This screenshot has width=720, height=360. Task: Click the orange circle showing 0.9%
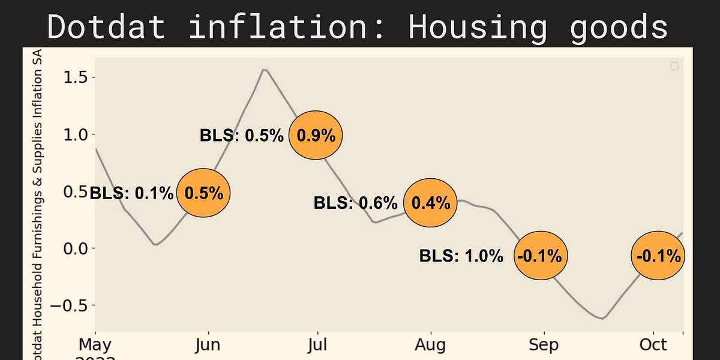point(316,136)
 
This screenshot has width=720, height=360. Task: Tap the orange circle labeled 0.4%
point(430,203)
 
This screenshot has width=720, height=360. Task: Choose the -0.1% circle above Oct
point(658,256)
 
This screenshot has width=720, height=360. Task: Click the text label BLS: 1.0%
point(461,257)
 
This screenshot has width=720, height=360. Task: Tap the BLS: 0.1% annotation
point(131,193)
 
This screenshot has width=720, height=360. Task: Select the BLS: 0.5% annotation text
point(241,136)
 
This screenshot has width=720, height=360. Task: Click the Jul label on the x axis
point(317,345)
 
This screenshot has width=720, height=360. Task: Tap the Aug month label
point(430,345)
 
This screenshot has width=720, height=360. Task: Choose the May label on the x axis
point(95,345)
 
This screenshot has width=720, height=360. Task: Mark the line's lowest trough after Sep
point(602,319)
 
